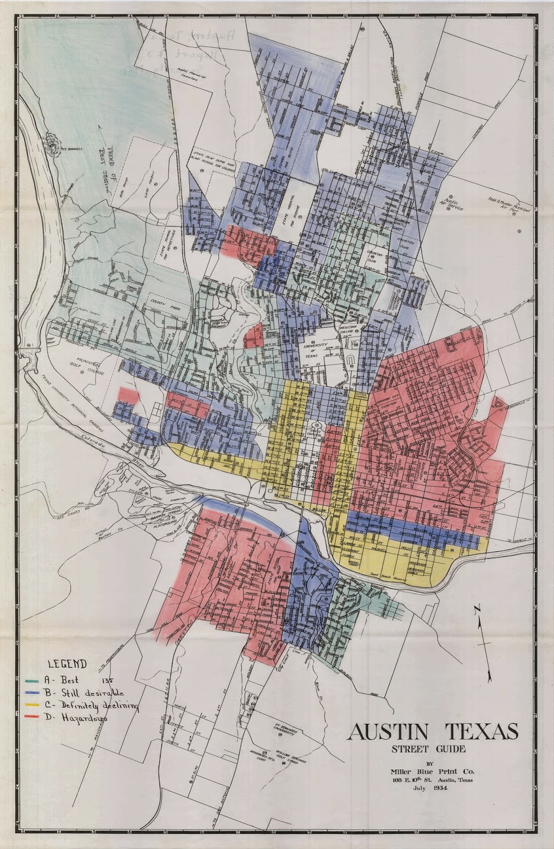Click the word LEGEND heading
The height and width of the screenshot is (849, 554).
click(67, 663)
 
